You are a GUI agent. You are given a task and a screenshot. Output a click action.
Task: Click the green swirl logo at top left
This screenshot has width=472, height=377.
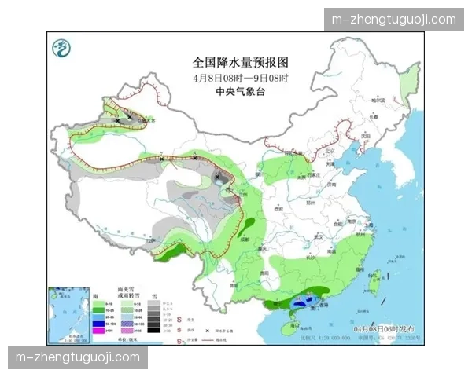tap(61, 49)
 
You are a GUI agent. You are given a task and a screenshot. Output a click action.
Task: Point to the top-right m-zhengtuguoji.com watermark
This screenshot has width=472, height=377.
tap(394, 20)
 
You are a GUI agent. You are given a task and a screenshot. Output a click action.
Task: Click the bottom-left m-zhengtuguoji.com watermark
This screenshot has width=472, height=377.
tap(78, 357)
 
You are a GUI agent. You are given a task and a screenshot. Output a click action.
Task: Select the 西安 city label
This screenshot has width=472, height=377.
tap(278, 209)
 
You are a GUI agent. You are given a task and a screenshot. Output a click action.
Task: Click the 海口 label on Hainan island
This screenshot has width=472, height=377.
tap(292, 313)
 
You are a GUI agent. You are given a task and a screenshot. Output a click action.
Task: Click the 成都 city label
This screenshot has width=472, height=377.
tap(245, 237)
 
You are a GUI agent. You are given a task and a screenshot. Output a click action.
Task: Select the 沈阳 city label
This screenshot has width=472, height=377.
tap(364, 134)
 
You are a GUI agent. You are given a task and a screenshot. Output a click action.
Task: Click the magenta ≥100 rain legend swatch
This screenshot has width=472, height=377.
tap(98, 331)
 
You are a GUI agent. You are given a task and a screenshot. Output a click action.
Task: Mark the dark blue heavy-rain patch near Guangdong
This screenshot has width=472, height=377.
tap(302, 301)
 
